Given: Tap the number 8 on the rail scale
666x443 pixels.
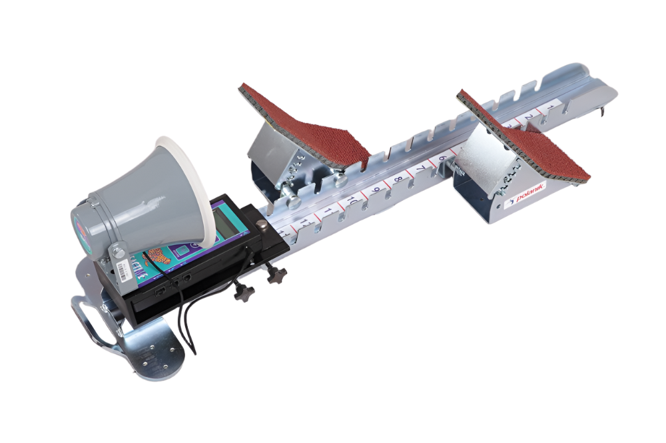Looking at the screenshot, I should point(398,179).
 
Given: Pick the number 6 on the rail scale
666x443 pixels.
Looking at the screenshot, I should point(442,160).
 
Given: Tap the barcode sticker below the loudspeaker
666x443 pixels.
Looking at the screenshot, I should point(123,268).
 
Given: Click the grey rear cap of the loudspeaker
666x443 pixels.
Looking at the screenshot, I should point(83,223).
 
